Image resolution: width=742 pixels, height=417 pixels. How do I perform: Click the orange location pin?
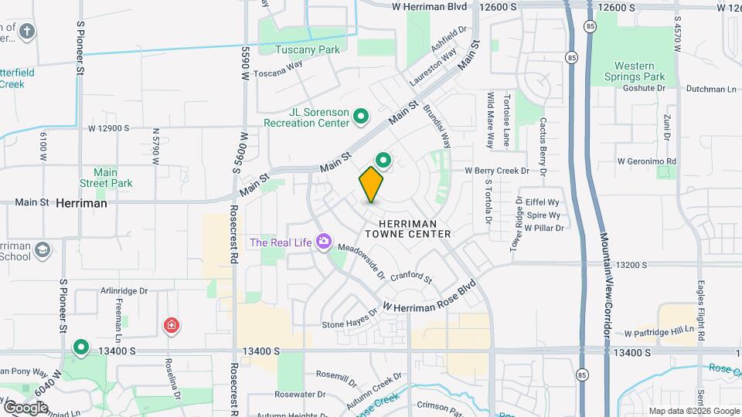371,184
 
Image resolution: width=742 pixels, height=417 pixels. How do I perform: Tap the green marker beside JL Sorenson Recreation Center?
360,117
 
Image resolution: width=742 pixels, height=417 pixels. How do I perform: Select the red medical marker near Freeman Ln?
170,326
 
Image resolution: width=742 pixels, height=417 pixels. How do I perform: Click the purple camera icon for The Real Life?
322,242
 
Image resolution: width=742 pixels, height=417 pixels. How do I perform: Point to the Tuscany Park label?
308,50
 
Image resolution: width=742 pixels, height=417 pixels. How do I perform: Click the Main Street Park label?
106,178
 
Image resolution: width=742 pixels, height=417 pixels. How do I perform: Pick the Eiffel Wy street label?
542,202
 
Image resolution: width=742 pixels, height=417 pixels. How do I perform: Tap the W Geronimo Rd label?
647,161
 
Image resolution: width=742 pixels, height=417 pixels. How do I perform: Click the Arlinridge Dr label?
124,291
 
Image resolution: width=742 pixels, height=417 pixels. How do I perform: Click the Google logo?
26,407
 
